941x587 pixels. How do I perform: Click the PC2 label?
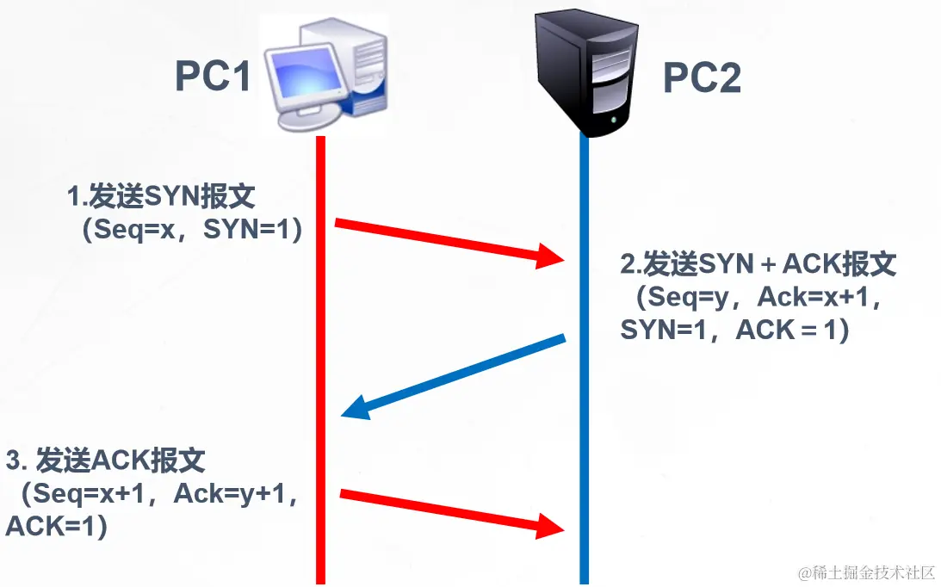tap(701, 78)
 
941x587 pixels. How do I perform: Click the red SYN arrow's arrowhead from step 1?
tap(551, 256)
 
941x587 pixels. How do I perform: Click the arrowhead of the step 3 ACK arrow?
tap(551, 524)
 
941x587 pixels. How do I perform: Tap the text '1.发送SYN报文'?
tap(161, 198)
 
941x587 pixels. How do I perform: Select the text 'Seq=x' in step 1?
tap(133, 231)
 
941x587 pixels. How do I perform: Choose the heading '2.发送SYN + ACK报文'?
tap(758, 264)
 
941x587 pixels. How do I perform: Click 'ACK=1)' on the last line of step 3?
tap(57, 526)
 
